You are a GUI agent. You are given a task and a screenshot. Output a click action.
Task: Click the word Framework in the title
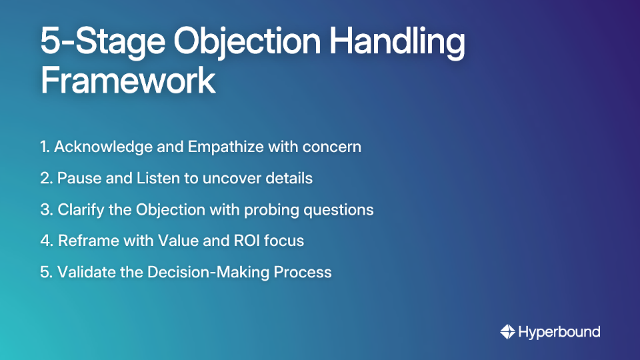pos(128,81)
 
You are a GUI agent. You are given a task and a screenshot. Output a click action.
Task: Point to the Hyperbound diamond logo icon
pos(507,331)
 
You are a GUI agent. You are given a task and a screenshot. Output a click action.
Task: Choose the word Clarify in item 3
pos(81,209)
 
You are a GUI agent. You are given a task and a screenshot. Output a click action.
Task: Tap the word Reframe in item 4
pos(85,241)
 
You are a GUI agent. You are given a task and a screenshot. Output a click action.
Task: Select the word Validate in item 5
pos(83,272)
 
